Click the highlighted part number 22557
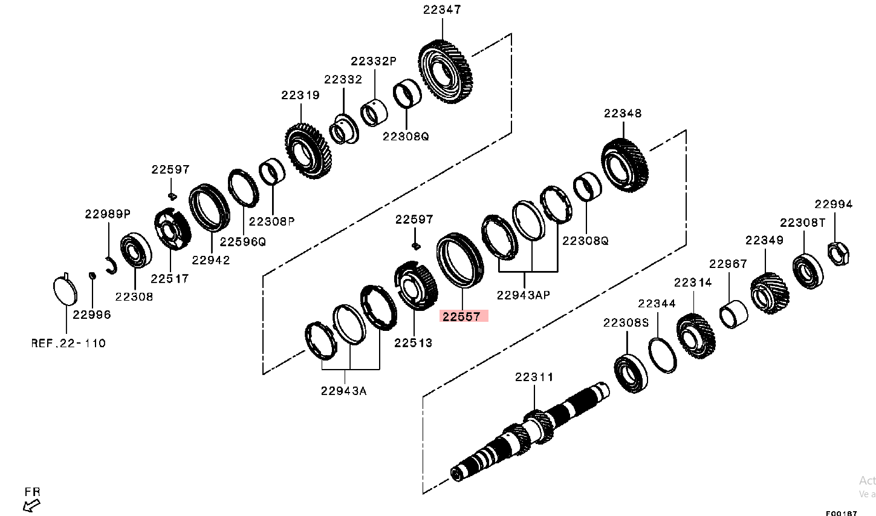click(463, 316)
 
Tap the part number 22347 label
click(441, 10)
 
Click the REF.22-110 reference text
click(68, 343)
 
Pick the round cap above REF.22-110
click(66, 292)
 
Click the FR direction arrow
click(31, 504)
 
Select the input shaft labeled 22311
click(529, 433)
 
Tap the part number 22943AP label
click(523, 295)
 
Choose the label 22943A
click(343, 390)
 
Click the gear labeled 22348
click(625, 165)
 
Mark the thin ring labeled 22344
click(662, 356)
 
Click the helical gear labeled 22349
click(770, 293)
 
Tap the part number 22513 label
click(414, 343)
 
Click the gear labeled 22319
click(308, 151)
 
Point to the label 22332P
click(373, 61)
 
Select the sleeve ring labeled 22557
click(460, 260)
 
